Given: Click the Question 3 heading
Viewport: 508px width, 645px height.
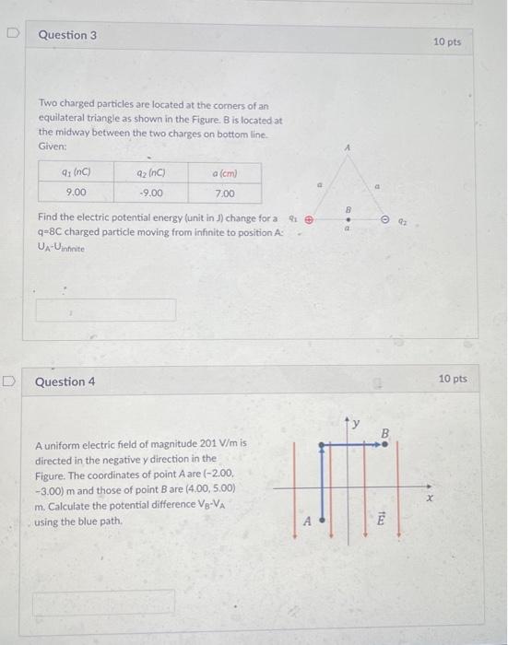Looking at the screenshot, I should [67, 35].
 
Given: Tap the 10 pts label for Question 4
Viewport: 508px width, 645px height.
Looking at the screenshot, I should [452, 379].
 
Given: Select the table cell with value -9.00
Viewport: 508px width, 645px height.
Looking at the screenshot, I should [149, 193].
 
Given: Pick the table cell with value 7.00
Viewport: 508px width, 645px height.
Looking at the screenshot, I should [224, 193].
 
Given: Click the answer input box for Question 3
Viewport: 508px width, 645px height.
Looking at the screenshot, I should [105, 309].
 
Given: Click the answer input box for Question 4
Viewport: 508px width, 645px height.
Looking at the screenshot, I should [103, 603].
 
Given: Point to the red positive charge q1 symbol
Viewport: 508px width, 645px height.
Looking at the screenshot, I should [309, 220].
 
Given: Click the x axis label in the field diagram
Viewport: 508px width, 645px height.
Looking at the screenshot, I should [427, 498].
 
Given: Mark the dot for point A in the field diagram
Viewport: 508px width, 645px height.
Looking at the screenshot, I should [321, 519].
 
